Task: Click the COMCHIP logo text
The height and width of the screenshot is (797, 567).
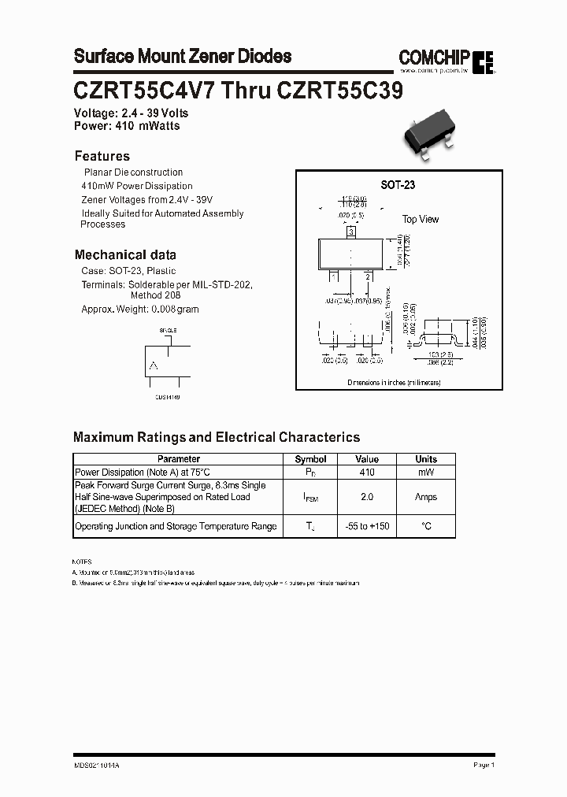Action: [x=434, y=57]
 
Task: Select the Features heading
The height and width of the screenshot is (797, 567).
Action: [x=102, y=156]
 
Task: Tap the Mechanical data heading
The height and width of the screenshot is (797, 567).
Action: [x=125, y=255]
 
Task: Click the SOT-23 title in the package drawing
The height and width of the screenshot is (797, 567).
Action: [x=398, y=185]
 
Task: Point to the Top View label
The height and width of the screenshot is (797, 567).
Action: [x=421, y=220]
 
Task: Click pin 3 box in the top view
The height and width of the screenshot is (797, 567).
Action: [x=350, y=232]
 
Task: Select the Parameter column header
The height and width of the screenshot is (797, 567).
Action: [x=179, y=459]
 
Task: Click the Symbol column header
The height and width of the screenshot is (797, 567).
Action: [x=310, y=459]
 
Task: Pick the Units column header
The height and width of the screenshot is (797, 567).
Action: [x=426, y=459]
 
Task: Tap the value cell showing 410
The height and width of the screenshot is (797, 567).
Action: [x=367, y=473]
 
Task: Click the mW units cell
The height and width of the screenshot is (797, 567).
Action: [x=426, y=473]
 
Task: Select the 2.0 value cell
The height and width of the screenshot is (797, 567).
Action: [x=367, y=497]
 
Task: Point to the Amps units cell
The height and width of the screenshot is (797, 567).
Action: [x=426, y=497]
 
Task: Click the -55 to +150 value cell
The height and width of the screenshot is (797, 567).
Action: [x=367, y=526]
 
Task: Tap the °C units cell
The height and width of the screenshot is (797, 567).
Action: [x=426, y=526]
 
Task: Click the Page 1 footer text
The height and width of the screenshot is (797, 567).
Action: [x=484, y=765]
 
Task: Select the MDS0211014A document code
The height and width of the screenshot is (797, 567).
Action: [x=98, y=765]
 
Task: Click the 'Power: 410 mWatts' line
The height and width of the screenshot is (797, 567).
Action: [x=127, y=126]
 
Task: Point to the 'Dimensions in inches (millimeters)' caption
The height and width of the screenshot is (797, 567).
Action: [x=394, y=382]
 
